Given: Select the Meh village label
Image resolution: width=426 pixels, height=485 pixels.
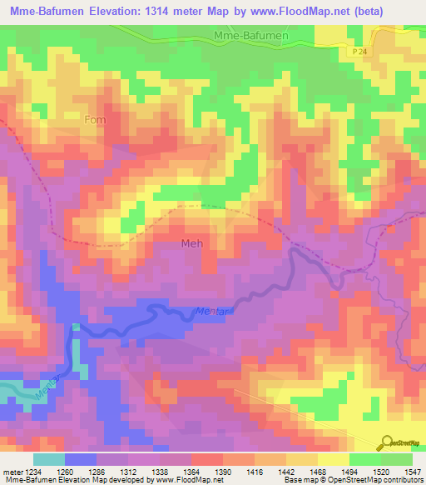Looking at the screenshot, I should point(191,243).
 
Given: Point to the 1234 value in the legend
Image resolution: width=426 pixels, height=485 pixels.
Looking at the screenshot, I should point(32,472).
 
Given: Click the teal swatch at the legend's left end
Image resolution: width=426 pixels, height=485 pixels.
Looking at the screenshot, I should point(48,459).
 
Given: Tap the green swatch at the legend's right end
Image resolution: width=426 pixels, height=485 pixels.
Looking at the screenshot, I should point(396,459).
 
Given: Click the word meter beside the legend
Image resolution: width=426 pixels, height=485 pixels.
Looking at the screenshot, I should point(13,472).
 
